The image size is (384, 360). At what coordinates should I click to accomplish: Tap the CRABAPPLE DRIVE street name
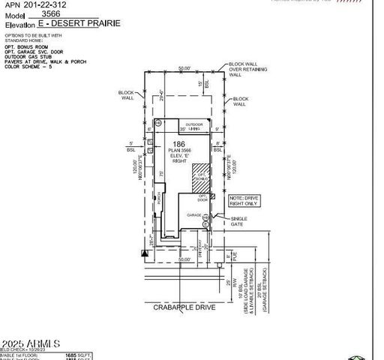coord(184,307)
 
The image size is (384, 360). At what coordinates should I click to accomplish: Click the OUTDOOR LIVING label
coord(195,127)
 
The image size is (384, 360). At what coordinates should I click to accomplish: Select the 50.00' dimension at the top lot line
coord(184,68)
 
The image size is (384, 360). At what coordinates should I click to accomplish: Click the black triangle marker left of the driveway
coord(144,253)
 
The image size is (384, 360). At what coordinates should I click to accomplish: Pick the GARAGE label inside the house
coord(193,215)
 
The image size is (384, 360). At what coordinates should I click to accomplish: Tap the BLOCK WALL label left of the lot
coord(127,95)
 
